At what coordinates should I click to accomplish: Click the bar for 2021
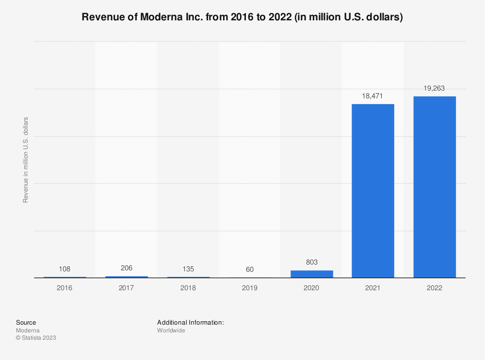tap(372, 191)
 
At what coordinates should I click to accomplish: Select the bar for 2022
tap(434, 187)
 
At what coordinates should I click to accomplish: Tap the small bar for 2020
tap(311, 274)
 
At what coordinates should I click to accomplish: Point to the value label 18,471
tap(372, 96)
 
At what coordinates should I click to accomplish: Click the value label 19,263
tap(434, 88)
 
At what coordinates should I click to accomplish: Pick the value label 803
tap(311, 262)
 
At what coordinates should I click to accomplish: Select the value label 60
tap(250, 269)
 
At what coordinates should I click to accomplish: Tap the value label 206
tap(127, 268)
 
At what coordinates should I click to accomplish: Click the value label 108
tap(65, 269)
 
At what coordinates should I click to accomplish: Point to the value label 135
tap(188, 269)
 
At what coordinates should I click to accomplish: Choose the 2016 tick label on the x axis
tap(65, 287)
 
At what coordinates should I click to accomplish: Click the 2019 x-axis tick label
tap(250, 287)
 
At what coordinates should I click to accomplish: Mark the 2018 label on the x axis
tap(188, 287)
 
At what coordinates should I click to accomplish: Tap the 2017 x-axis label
tap(127, 287)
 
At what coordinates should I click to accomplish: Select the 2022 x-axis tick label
tap(434, 287)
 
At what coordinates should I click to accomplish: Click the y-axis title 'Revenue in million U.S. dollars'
tap(26, 160)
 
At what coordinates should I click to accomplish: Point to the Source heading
tap(26, 322)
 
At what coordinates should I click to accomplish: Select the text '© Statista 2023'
tap(36, 338)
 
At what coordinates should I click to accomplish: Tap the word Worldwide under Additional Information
tap(171, 330)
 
